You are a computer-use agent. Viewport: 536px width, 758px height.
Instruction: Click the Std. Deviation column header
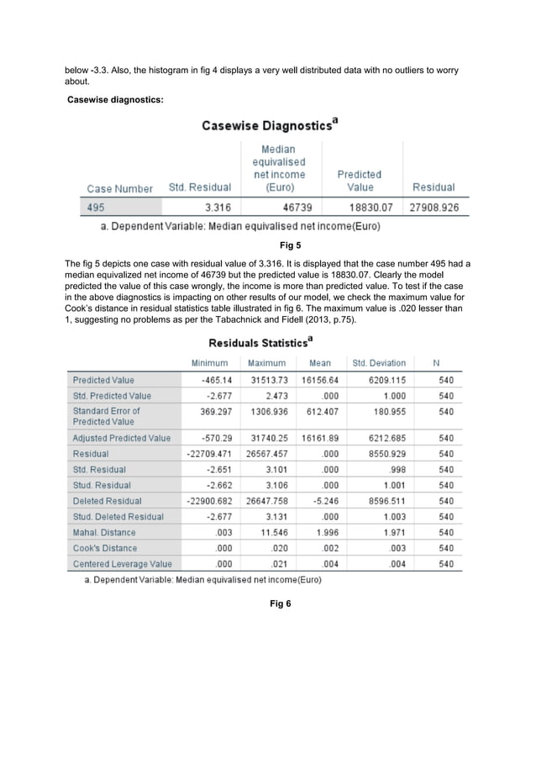click(379, 363)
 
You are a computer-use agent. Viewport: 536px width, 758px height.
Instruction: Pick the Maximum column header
click(265, 363)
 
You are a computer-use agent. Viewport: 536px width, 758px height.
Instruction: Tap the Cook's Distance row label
click(104, 548)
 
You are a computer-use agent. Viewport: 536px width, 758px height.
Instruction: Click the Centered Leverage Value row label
click(122, 564)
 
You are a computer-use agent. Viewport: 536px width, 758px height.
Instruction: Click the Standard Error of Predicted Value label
click(106, 416)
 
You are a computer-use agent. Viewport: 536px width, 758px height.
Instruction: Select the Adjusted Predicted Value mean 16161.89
click(320, 438)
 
